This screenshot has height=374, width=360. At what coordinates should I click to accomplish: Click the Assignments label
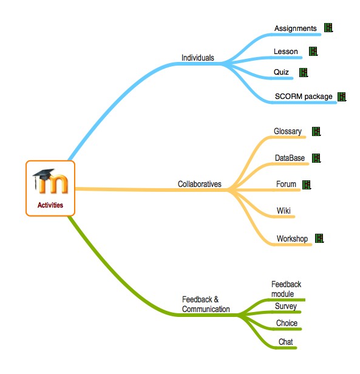tap(296, 29)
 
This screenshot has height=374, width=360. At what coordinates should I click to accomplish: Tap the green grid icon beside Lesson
tap(313, 51)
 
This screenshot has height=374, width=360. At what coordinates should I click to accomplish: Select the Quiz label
tap(281, 72)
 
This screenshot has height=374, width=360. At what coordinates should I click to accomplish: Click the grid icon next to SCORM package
tap(342, 97)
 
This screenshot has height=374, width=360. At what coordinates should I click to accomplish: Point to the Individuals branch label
tap(198, 58)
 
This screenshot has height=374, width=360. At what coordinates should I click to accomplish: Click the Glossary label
tap(288, 131)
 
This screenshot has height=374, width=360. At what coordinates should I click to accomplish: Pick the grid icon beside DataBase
tap(316, 158)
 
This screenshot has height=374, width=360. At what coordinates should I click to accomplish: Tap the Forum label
tap(286, 184)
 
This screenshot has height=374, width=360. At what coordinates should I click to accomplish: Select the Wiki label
tap(284, 211)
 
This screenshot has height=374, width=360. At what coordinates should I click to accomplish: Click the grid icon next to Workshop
tap(319, 238)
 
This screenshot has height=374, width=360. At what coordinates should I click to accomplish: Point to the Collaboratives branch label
tap(200, 184)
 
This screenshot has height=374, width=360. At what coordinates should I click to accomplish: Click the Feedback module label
tap(287, 289)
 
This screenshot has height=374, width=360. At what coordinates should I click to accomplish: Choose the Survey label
tap(286, 306)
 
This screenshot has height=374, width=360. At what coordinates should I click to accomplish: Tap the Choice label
tap(287, 323)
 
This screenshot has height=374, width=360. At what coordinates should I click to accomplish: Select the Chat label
tap(285, 342)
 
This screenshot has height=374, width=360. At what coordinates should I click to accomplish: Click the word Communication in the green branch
tap(206, 309)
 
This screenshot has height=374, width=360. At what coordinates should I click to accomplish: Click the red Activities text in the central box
tap(50, 205)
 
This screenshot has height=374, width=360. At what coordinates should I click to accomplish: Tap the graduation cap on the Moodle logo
tap(44, 175)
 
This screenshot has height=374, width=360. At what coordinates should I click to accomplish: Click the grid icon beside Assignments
tap(328, 28)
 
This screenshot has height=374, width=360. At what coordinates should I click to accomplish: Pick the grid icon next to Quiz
tap(304, 72)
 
